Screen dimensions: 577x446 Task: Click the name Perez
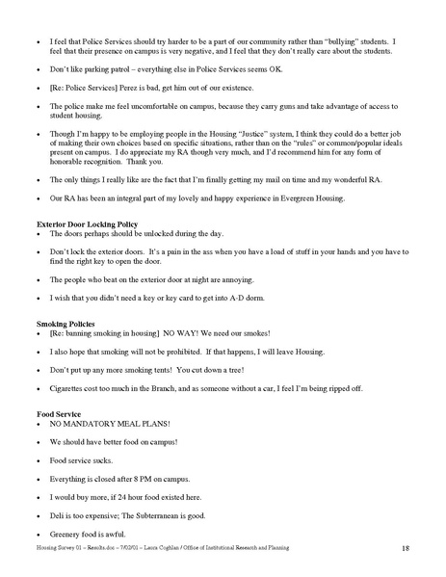129,88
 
